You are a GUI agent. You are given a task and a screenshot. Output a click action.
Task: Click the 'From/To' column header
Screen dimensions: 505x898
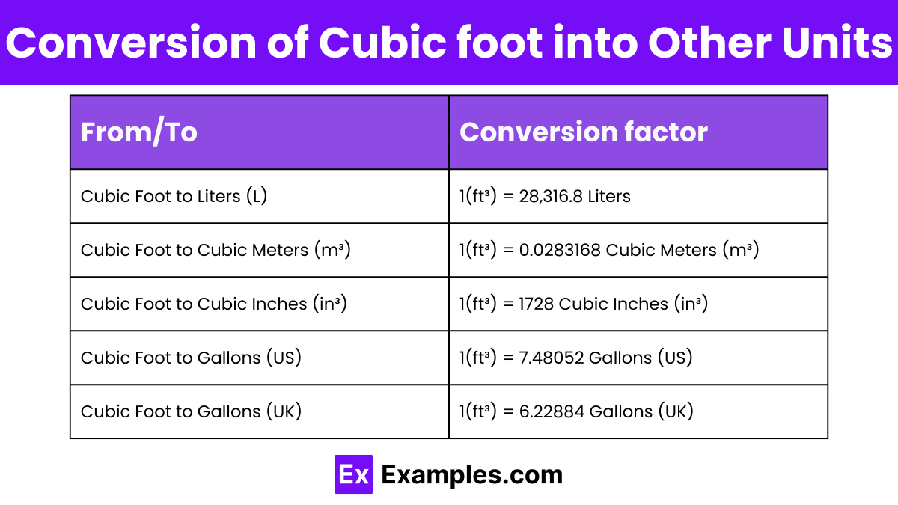(139, 132)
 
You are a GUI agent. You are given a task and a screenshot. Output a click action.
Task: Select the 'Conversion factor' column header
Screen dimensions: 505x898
(583, 132)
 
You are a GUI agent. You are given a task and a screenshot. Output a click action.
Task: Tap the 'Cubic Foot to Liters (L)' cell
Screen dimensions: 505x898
(174, 196)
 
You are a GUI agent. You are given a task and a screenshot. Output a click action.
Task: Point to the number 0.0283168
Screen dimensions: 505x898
(560, 250)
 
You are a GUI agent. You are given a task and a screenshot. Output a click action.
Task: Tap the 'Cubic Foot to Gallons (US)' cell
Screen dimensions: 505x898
(191, 358)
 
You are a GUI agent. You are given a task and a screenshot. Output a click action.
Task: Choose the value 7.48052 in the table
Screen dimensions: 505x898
(551, 358)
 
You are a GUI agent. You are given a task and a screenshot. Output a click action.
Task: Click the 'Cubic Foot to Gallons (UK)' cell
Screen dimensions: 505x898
(191, 411)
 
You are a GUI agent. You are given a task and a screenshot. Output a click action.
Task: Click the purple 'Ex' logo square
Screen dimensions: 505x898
(353, 474)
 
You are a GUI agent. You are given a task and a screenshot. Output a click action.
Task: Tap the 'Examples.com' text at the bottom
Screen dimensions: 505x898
(471, 474)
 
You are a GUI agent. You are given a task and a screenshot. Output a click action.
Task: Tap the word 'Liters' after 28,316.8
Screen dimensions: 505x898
(609, 196)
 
